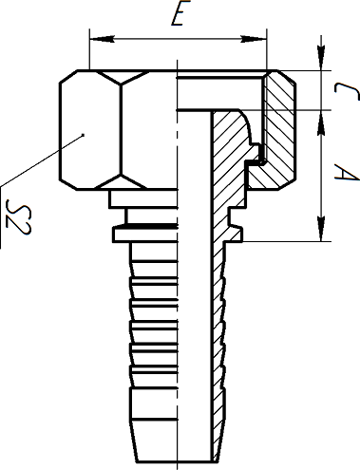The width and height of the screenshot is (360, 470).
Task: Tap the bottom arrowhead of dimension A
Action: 323,237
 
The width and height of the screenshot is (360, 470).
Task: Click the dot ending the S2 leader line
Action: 84,136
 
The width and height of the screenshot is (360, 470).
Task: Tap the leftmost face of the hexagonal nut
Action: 73,131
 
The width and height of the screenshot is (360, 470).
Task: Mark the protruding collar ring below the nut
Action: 142,232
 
